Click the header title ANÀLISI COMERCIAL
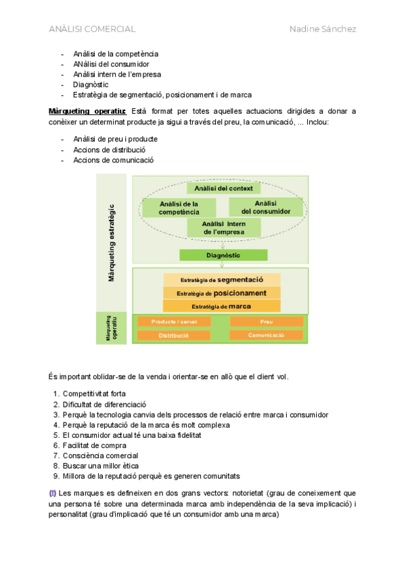pos(92,29)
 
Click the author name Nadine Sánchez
pos(323,29)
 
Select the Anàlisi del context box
pos(223,188)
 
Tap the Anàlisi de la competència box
pos(179,208)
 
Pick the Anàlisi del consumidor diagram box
pos(265,207)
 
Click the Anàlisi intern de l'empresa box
pos(224,227)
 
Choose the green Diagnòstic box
pos(223,255)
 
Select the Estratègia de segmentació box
pos(222,280)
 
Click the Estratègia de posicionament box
pos(222,293)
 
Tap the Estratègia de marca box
pos(222,307)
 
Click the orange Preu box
pos(266,322)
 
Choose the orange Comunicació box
pos(266,335)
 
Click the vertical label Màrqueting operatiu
pos(112,328)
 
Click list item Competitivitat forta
pos(94,393)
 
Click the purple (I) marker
pos(53,492)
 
